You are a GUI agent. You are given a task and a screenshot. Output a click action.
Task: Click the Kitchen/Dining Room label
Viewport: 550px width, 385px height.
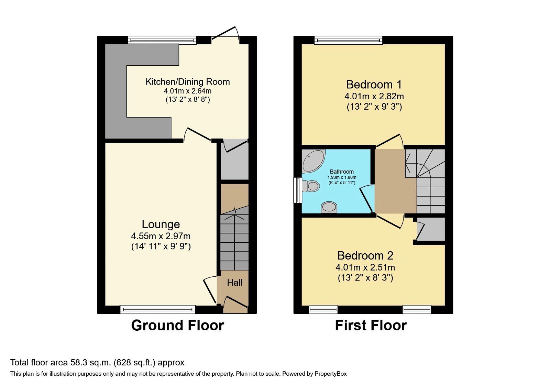pos(187,82)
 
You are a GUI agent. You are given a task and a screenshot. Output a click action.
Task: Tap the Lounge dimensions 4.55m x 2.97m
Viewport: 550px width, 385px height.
pos(161,236)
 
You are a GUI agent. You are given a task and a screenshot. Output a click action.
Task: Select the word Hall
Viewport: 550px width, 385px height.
pos(234,283)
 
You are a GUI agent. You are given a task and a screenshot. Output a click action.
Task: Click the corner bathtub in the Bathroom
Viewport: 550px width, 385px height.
pos(312,160)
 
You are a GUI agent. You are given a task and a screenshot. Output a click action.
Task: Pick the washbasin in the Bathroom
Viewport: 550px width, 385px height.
pos(329,207)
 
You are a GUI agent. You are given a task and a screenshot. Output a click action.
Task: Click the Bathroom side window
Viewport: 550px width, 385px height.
pos(297,190)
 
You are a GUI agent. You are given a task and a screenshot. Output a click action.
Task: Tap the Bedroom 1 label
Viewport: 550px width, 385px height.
pos(374,84)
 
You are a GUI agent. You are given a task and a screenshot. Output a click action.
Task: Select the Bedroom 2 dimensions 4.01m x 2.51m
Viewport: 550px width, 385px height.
pos(365,267)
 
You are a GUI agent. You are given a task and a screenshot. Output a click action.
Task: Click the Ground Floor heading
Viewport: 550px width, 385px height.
pos(177,325)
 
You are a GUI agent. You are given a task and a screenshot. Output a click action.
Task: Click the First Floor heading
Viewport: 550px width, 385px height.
pos(371,325)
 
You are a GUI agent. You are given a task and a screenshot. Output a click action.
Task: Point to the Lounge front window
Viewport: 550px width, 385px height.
pos(158,309)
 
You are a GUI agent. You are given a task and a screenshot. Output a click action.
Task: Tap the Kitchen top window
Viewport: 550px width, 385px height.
pos(162,40)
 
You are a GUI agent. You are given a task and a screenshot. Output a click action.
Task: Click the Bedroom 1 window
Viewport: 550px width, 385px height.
pos(348,40)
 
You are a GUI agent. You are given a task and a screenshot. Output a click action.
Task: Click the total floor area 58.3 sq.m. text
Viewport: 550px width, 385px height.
pos(97,363)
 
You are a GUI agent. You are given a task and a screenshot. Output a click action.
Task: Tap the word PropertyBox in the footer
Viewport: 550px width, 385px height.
pos(330,374)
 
